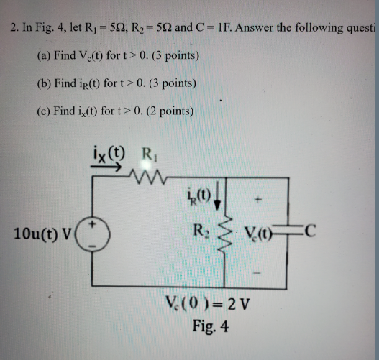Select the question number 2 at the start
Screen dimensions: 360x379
(14, 29)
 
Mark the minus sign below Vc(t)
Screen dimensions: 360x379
(263, 274)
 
